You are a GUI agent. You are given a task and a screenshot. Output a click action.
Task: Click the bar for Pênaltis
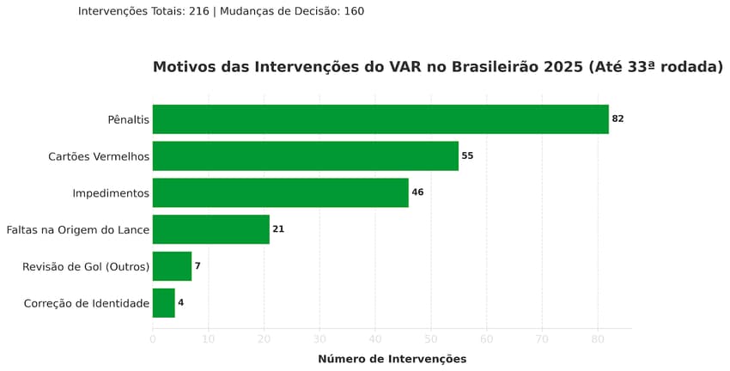[380, 119]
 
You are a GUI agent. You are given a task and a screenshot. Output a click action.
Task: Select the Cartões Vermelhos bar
[305, 156]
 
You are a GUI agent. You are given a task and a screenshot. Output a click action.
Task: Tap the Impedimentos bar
[280, 193]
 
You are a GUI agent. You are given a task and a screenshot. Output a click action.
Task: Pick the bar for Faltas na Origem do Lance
[210, 229]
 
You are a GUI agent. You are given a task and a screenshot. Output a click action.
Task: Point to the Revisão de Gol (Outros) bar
[172, 266]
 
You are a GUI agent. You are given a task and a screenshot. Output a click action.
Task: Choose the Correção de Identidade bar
[163, 303]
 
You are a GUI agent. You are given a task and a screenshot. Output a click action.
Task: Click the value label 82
[617, 119]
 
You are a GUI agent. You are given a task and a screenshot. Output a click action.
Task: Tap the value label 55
[467, 156]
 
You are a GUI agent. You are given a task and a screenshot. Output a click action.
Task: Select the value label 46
[417, 193]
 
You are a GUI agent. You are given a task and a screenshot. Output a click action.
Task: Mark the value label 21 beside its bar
[278, 229]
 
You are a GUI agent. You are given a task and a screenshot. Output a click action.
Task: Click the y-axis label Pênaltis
[129, 120]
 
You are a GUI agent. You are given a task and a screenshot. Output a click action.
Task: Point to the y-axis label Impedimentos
[111, 194]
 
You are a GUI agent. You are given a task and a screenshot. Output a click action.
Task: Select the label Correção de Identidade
[87, 304]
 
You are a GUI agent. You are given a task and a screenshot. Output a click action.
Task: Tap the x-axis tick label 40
[375, 339]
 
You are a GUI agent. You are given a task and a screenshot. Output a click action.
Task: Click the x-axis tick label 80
[598, 339]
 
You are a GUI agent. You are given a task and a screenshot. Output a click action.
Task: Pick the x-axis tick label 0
[153, 339]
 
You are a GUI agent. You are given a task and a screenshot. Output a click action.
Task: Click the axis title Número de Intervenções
[392, 359]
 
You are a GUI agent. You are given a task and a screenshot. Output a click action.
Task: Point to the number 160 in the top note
[353, 11]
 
